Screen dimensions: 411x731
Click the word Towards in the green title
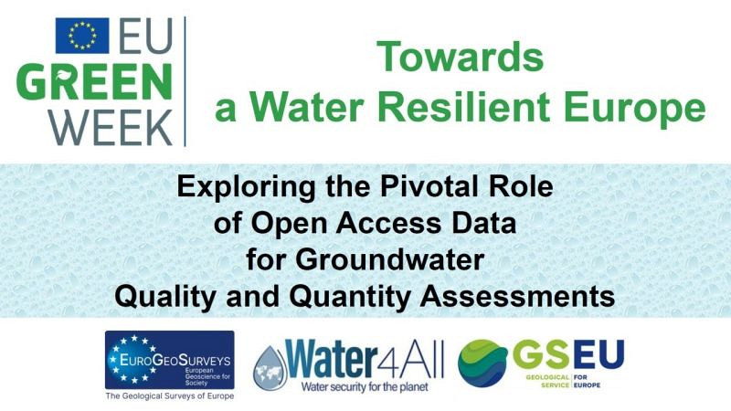[461, 58]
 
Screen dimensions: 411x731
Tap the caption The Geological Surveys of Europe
[169, 396]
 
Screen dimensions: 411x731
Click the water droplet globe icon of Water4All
[271, 364]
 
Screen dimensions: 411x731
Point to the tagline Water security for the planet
[365, 386]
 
